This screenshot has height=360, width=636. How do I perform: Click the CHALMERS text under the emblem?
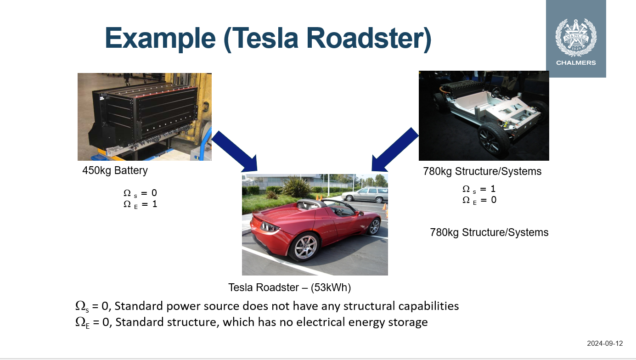coord(576,63)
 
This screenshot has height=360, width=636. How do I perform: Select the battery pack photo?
coord(144,117)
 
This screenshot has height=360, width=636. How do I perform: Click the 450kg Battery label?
coord(115,171)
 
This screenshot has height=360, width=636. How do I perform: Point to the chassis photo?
coord(484,115)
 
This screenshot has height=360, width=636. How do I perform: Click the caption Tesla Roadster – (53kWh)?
coord(289,288)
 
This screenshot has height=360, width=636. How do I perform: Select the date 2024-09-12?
coord(605,343)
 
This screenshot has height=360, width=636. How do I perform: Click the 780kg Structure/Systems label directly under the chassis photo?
coord(482,172)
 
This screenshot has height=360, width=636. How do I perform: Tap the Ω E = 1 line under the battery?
coord(140,204)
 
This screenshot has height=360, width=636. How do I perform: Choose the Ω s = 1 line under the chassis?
coord(479,189)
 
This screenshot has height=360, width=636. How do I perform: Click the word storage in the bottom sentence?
coord(407,322)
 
